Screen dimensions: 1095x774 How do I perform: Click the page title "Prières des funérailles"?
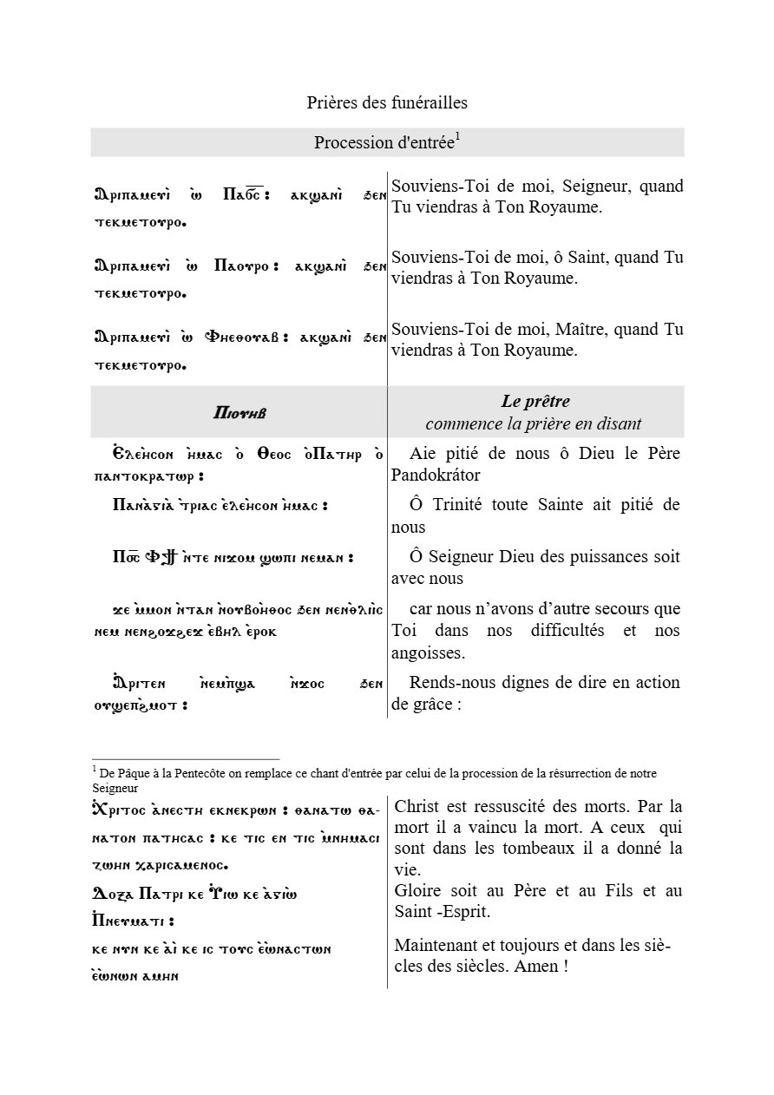tap(387, 103)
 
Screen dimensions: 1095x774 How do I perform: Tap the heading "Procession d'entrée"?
tap(384, 143)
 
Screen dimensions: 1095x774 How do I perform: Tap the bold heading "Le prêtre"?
tap(535, 402)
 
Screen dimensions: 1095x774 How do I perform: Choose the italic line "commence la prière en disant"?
tap(534, 423)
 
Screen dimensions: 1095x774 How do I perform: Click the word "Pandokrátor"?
tap(436, 475)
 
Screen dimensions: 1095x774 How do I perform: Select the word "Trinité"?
tap(476, 505)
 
